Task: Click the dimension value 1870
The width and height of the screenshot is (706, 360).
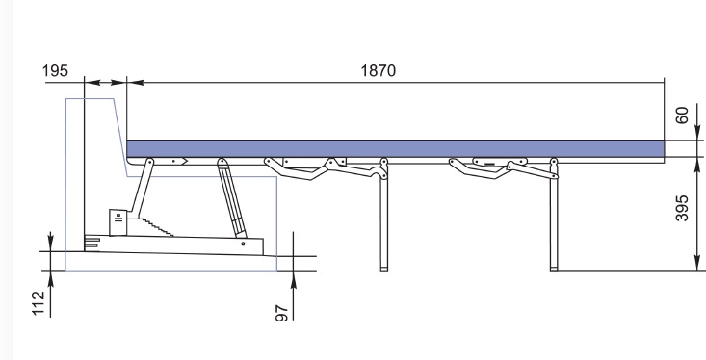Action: (379, 70)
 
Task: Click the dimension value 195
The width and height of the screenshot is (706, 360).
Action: (55, 70)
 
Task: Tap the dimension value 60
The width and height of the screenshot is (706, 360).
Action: (682, 116)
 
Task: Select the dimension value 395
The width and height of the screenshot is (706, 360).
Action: (682, 208)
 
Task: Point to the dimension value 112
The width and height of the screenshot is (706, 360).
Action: (39, 303)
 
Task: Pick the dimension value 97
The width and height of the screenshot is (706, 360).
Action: (281, 313)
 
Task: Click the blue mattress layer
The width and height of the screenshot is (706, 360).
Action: (395, 148)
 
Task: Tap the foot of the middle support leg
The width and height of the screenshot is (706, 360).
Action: (384, 270)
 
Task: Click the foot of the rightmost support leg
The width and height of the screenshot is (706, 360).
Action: (554, 270)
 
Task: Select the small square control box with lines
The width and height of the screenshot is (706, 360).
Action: (118, 221)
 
